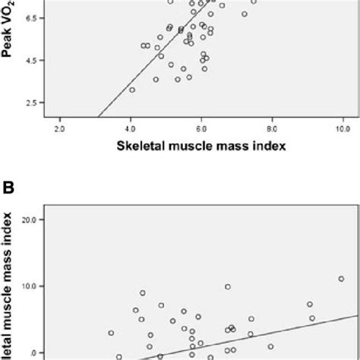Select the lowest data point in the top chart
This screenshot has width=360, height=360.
point(132,90)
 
